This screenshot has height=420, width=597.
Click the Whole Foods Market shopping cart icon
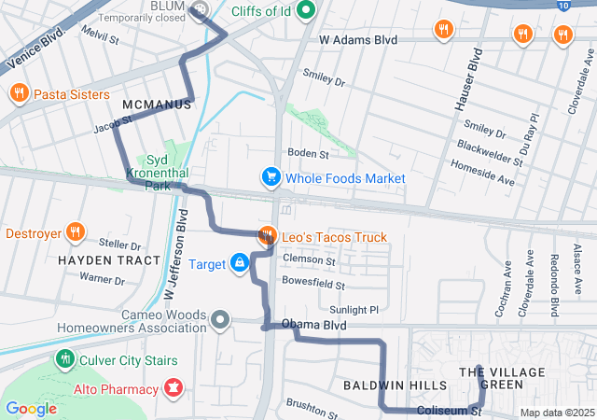[271, 177]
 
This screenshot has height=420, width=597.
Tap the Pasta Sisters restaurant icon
[19, 93]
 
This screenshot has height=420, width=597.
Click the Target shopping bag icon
[240, 264]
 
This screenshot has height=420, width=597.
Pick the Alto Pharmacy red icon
[174, 386]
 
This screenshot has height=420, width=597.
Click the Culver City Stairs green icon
[64, 357]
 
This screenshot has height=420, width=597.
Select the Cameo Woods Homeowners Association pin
[220, 320]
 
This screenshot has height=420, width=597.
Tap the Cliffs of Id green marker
[304, 11]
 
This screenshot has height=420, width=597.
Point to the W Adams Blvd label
[358, 40]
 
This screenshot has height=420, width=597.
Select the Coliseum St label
[449, 411]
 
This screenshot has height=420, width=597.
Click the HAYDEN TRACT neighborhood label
[91, 259]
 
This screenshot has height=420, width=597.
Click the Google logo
[31, 408]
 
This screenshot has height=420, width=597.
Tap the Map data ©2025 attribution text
[556, 413]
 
